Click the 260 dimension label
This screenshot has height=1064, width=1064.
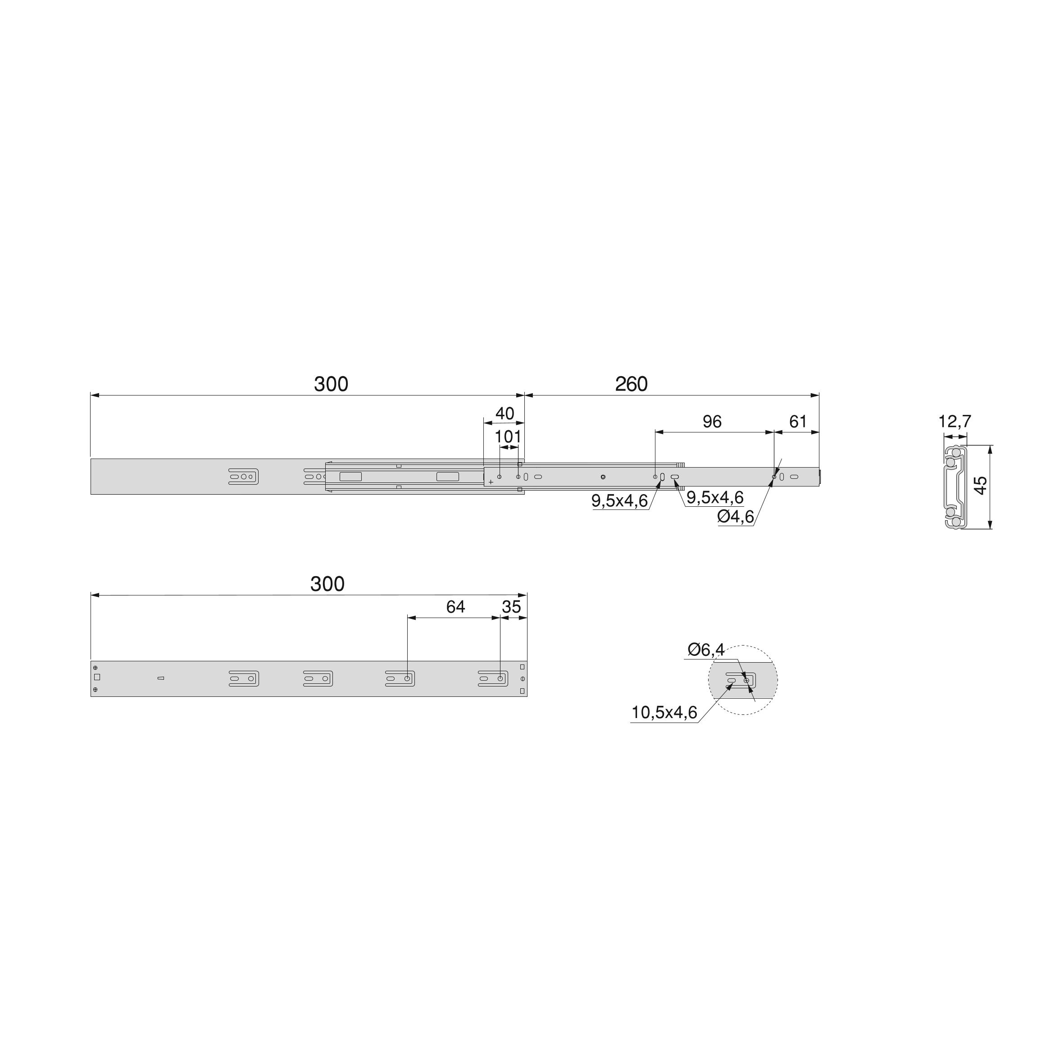tap(631, 384)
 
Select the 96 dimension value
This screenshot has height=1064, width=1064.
tap(712, 421)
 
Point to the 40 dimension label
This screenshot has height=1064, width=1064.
tap(505, 413)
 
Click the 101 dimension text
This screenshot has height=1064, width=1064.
tap(507, 437)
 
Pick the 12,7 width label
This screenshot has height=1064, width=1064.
tap(955, 421)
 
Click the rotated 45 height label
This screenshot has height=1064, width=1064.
tap(980, 485)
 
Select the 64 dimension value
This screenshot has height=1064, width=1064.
tap(455, 606)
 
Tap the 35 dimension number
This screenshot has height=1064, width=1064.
tap(511, 606)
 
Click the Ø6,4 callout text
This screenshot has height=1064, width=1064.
tap(706, 650)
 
